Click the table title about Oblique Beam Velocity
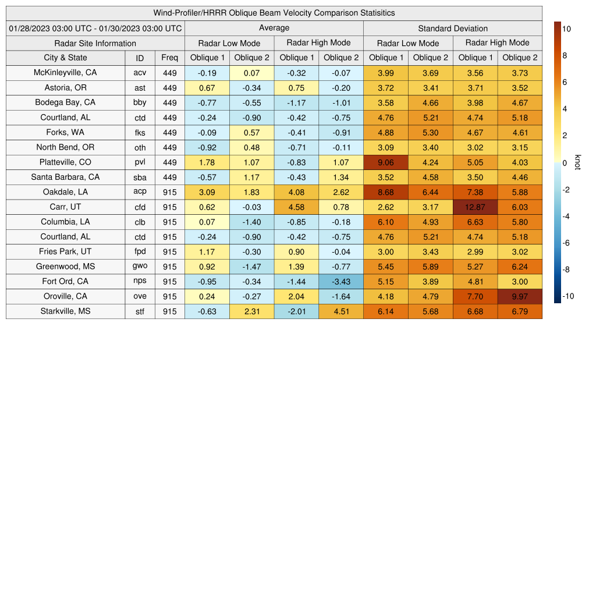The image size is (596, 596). [x=274, y=13]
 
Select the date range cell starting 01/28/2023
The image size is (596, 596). [x=95, y=28]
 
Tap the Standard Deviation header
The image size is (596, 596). [x=453, y=28]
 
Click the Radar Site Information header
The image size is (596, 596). [x=95, y=43]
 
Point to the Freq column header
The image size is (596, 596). [x=169, y=58]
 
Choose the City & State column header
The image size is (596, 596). [x=65, y=58]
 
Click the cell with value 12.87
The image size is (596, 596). [x=476, y=207]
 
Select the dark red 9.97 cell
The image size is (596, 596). [x=520, y=296]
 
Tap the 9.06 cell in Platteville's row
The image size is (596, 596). [x=386, y=162]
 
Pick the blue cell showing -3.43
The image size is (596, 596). [x=341, y=282]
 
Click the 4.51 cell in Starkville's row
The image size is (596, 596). [x=341, y=311]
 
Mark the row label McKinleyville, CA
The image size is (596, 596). [x=65, y=73]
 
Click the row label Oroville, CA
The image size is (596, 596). [x=65, y=296]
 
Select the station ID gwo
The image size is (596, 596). [x=140, y=267]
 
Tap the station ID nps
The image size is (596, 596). [x=140, y=282]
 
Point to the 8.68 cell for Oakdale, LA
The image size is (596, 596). [x=386, y=192]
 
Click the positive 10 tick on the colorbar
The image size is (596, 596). [x=567, y=29]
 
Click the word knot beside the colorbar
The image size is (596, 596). [x=577, y=162]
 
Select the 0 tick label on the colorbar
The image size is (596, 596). [x=565, y=163]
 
